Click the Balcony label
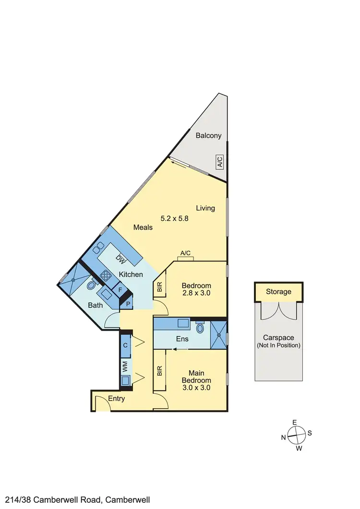pos(209,136)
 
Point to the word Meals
pos(144,227)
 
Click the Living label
pos(205,208)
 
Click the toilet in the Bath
pos(91,285)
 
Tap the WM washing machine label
pos(125,368)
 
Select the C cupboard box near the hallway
pos(125,345)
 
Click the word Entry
pos(117,399)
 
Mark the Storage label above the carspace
pos(279,292)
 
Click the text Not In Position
pos(279,345)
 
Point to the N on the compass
pos(284,437)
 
